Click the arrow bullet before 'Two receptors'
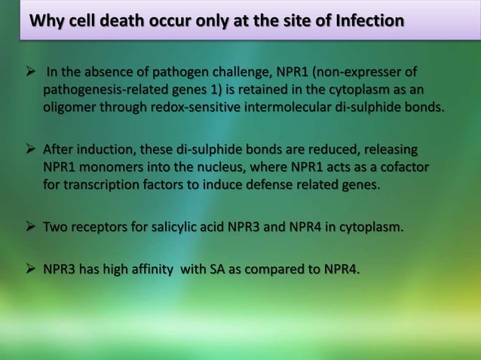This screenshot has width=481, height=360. click(31, 226)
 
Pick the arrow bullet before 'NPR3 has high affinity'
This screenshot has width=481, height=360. click(31, 270)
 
